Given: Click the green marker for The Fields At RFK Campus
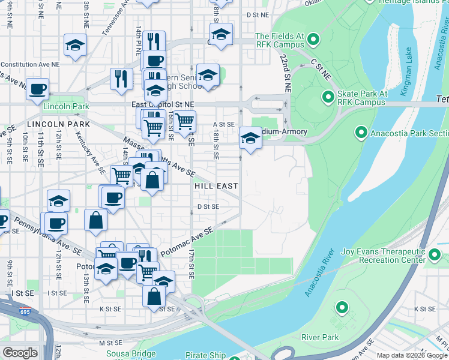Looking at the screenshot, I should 313,40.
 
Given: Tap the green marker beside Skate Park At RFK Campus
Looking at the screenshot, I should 328,97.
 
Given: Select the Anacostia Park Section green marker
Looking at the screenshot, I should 361,132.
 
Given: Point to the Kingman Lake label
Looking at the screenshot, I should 410,64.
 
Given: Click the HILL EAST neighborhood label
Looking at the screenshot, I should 215,187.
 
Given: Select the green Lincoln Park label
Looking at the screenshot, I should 65,106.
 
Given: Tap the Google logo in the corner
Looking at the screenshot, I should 20,353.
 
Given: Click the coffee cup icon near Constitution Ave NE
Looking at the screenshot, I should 37,88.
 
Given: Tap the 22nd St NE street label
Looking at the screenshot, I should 284,71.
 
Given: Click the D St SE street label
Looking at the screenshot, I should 208,206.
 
